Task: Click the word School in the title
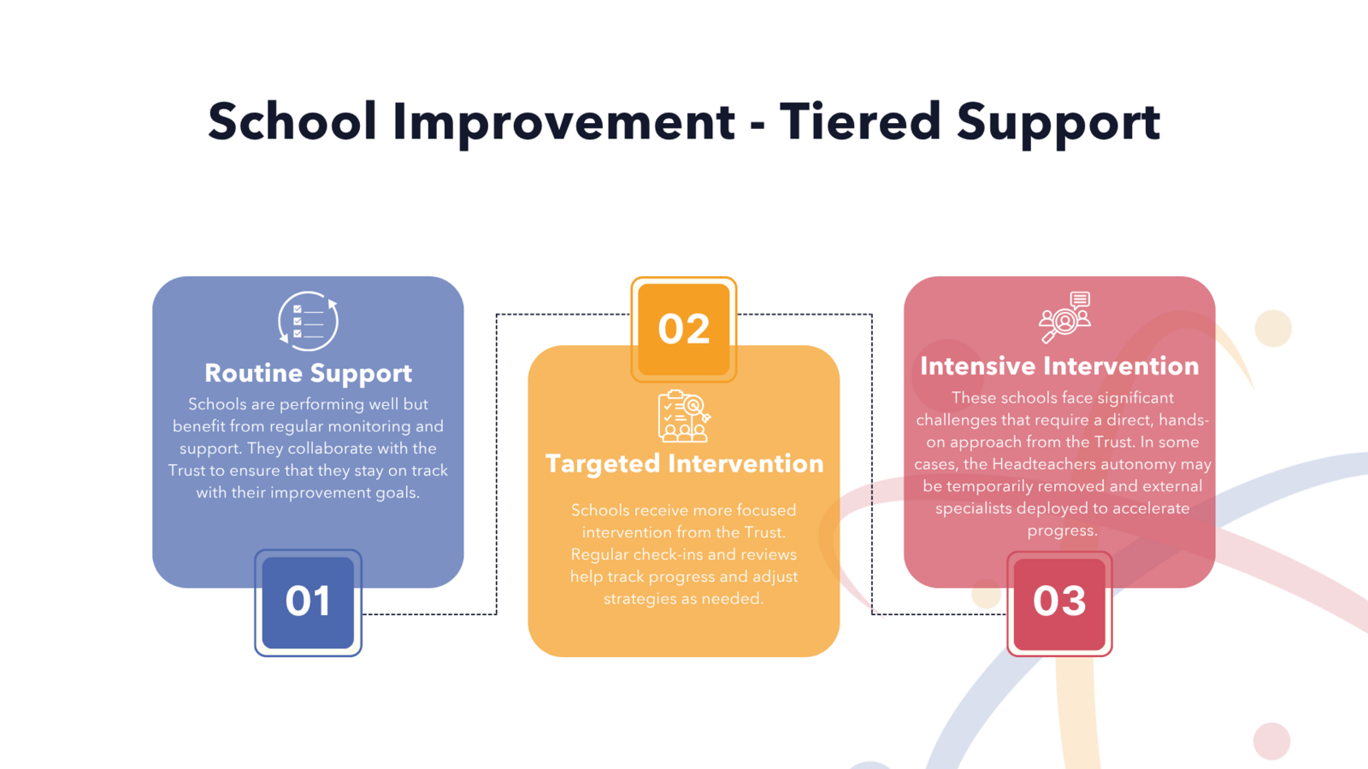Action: (292, 121)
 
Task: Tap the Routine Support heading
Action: (309, 373)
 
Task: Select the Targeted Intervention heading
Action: (684, 463)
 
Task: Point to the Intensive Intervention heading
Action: (1059, 367)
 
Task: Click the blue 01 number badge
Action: (309, 602)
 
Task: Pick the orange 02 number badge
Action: (684, 330)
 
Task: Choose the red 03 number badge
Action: (1059, 603)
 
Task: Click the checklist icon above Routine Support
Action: (309, 321)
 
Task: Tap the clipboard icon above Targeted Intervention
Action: (684, 415)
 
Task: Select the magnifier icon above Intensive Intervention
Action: (1064, 317)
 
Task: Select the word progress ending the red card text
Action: (1062, 531)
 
